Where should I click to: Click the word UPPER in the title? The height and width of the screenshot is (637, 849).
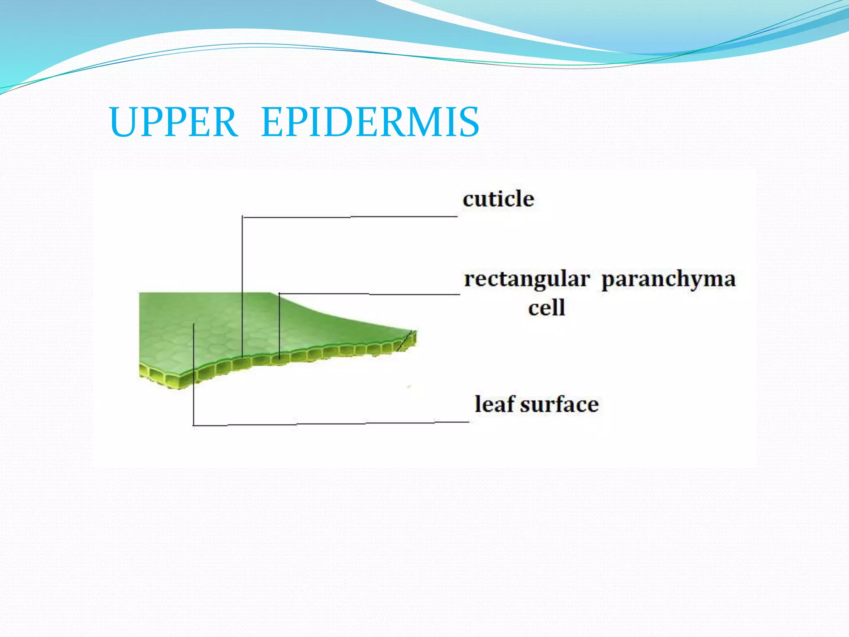pos(173,122)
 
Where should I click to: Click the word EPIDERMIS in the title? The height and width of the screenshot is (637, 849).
pos(370,122)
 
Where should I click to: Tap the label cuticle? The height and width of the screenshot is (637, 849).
pos(498,199)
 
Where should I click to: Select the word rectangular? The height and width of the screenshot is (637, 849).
pos(527,280)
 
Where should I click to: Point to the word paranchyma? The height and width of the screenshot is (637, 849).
pos(668,280)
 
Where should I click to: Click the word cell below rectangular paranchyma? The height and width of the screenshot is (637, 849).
pos(546,308)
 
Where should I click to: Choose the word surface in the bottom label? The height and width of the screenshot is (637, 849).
pos(559,404)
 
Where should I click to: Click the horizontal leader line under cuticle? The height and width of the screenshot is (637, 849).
pos(350,216)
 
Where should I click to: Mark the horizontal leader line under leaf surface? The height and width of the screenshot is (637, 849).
pos(332,424)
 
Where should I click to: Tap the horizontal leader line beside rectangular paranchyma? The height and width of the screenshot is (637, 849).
pos(369,294)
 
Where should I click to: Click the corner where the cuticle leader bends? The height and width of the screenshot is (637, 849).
pos(243,216)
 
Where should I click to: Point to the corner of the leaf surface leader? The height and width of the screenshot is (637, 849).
pos(194,425)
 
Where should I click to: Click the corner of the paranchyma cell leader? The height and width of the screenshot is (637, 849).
pos(279,294)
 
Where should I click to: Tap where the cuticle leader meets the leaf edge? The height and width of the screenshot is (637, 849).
pos(243,357)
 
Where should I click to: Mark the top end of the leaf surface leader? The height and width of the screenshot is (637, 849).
pos(194,324)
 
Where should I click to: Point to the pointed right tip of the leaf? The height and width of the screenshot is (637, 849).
pos(416,334)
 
